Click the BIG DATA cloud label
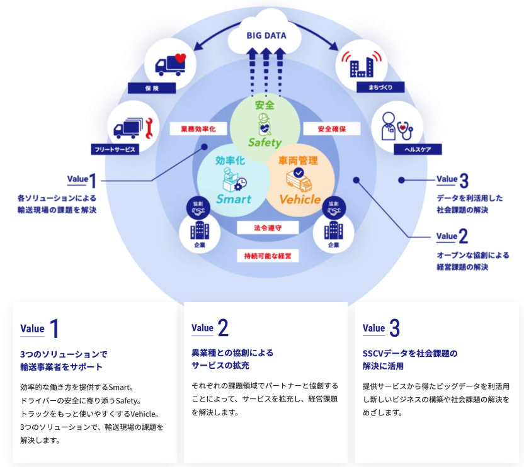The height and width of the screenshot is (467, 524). [266, 36]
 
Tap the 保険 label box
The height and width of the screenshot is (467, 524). [155, 89]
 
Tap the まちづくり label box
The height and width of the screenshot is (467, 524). [377, 88]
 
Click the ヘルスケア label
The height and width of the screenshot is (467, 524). [417, 149]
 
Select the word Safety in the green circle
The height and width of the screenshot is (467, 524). [265, 142]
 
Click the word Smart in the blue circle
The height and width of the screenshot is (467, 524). [234, 200]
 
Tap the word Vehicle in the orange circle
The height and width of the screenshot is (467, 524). [300, 200]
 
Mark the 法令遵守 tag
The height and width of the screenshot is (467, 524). [267, 227]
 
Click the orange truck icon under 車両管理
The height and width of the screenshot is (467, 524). [298, 180]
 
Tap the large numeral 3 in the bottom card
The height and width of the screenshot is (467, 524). [394, 328]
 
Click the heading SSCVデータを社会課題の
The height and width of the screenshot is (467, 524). [410, 352]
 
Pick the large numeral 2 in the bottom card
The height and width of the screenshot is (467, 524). [223, 328]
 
